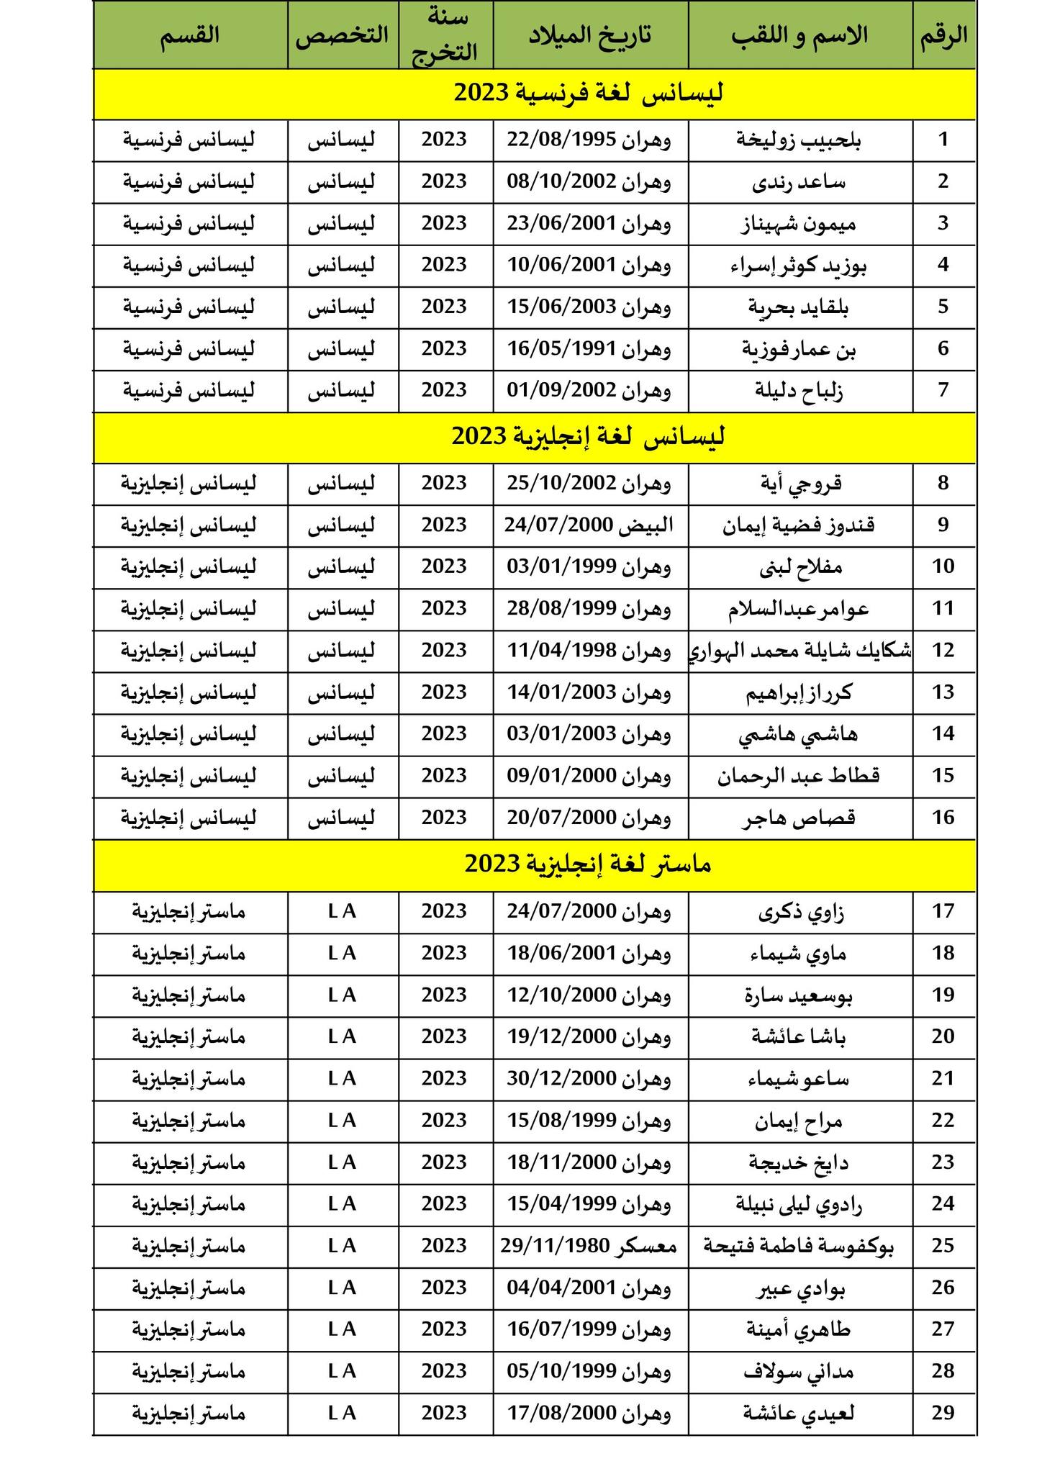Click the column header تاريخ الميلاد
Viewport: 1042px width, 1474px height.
(590, 35)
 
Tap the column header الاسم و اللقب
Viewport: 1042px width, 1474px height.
(800, 35)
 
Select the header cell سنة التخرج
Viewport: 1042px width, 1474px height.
(445, 35)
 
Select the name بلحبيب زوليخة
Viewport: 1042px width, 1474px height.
(799, 140)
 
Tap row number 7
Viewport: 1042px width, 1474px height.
(943, 390)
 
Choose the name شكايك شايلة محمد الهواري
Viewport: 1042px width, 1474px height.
(800, 651)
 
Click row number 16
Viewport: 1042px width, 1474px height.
(943, 818)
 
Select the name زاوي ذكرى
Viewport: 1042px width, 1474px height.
(801, 912)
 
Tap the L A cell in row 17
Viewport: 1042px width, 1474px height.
(342, 911)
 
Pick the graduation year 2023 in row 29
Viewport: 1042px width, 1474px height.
(445, 1413)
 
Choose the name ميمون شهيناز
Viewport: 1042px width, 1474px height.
(799, 224)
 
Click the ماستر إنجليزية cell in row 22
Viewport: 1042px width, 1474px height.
(189, 1121)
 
